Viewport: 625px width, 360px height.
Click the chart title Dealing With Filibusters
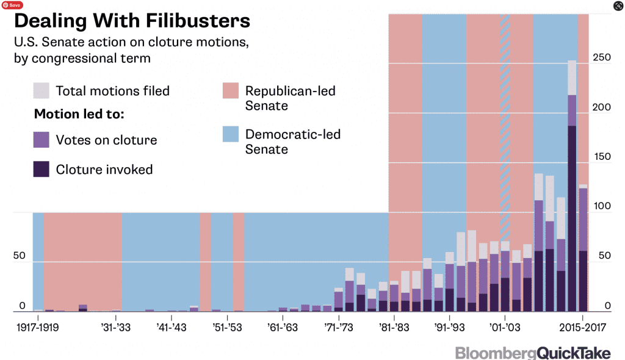coord(132,21)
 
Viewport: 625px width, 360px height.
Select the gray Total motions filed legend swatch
coord(42,91)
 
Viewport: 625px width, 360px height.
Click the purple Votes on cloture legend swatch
coord(42,140)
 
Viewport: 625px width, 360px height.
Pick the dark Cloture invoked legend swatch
coord(42,169)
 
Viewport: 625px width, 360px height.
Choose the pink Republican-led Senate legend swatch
coord(231,91)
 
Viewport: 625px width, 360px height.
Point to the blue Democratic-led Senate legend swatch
coord(231,135)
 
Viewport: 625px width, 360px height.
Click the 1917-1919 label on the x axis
coord(38,327)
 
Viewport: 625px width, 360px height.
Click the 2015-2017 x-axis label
coord(582,327)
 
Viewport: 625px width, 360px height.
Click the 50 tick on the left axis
coord(20,256)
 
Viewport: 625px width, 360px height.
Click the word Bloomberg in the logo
coord(496,353)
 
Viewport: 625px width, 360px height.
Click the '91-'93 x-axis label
coord(450,327)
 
